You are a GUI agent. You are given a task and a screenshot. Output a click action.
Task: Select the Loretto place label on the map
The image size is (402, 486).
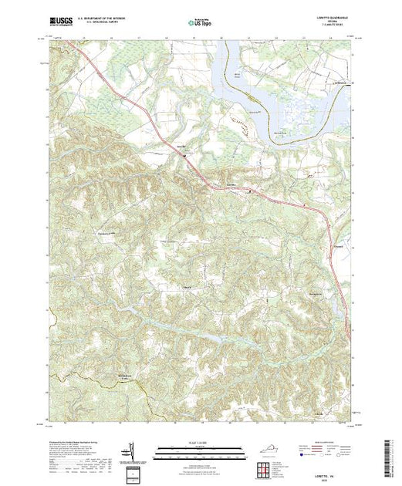[183, 148]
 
